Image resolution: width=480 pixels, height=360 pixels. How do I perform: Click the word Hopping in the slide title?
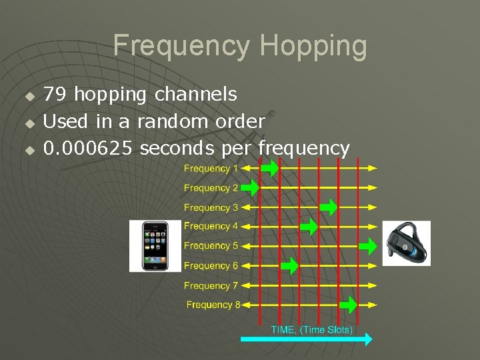pyautogui.click(x=313, y=46)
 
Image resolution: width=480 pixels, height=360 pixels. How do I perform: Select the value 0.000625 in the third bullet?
pyautogui.click(x=89, y=148)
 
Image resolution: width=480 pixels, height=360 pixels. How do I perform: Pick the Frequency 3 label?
pyautogui.click(x=211, y=207)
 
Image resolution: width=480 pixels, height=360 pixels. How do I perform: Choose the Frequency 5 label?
pyautogui.click(x=211, y=246)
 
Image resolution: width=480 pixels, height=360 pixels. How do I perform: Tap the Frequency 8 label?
pyautogui.click(x=213, y=305)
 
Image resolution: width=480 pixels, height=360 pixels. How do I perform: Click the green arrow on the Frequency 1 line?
pyautogui.click(x=269, y=169)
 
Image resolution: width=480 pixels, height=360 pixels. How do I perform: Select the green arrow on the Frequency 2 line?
pyautogui.click(x=249, y=189)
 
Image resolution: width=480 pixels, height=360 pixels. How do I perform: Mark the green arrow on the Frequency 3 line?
pyautogui.click(x=329, y=208)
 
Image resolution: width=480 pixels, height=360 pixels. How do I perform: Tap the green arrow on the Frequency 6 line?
pyautogui.click(x=289, y=266)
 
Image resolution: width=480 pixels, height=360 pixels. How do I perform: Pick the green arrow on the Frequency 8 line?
pyautogui.click(x=349, y=305)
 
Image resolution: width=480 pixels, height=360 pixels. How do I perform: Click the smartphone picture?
pyautogui.click(x=155, y=245)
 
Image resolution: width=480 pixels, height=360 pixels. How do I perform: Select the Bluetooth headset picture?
pyautogui.click(x=406, y=243)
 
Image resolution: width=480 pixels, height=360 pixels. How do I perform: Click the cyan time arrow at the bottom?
pyautogui.click(x=306, y=339)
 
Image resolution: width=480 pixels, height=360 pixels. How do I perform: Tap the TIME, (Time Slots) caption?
pyautogui.click(x=311, y=329)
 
